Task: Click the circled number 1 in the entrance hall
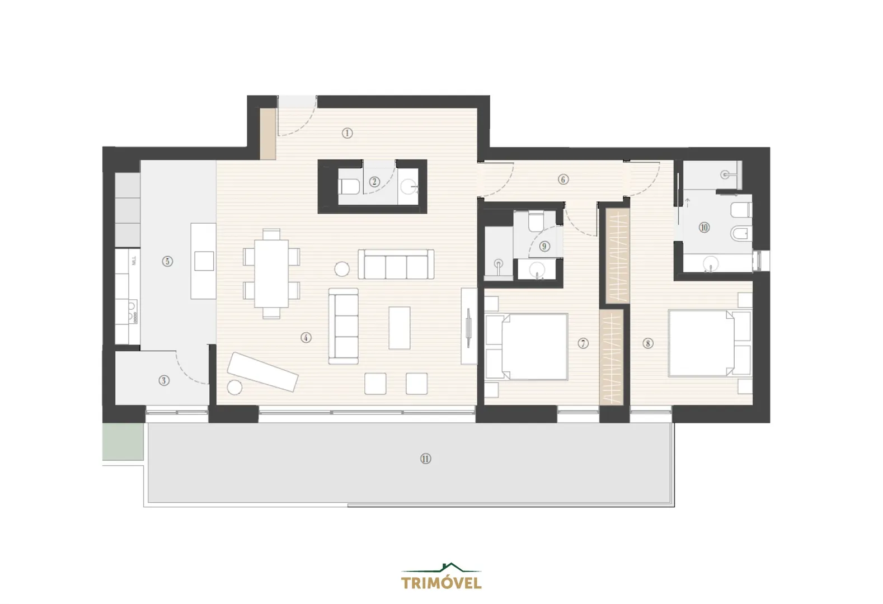click(347, 133)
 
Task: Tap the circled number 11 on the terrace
click(425, 459)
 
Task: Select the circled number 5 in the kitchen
click(167, 261)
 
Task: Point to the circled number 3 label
click(164, 380)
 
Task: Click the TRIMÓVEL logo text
click(441, 583)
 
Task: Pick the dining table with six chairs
click(271, 273)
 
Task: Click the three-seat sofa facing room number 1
click(396, 264)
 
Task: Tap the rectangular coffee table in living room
click(400, 328)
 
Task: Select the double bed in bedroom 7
click(526, 347)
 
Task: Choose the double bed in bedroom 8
click(710, 343)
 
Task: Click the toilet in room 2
click(350, 187)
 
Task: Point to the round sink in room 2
click(408, 187)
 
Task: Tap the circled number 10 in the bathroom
click(704, 227)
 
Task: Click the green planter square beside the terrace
click(123, 441)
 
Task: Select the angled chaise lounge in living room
click(262, 372)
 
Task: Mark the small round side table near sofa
click(342, 269)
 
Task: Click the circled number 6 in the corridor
click(563, 180)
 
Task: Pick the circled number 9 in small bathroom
click(544, 246)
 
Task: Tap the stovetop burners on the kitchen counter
click(133, 312)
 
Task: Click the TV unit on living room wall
click(469, 326)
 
